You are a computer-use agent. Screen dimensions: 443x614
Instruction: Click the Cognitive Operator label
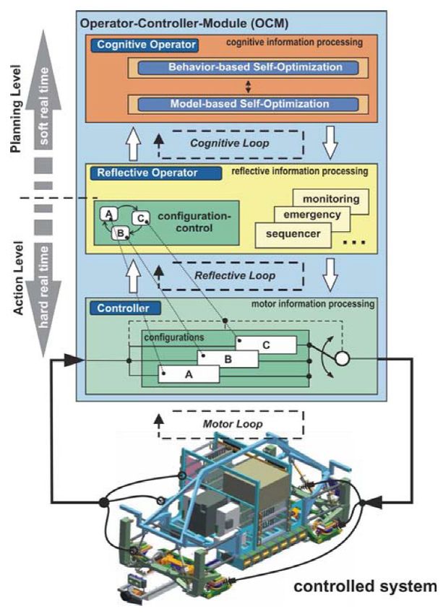click(145, 45)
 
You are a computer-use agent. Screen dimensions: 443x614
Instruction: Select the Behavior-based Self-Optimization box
click(248, 67)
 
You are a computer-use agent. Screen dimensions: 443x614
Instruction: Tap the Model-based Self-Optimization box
click(248, 104)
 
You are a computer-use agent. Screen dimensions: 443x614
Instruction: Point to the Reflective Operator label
click(156, 173)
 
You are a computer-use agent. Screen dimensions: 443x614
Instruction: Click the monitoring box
click(331, 199)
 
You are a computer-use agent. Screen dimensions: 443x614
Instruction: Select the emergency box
click(312, 215)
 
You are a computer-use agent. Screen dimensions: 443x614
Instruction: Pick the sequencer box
click(293, 235)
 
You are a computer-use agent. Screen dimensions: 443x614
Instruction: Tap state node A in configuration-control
click(109, 215)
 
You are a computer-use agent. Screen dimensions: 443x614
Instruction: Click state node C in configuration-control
click(141, 218)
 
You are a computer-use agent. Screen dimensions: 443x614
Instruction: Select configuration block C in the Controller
click(266, 345)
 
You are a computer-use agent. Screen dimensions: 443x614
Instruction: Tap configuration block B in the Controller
click(228, 359)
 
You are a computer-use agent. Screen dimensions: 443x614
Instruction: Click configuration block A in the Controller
click(189, 374)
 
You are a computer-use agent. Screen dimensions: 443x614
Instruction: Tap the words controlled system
click(365, 587)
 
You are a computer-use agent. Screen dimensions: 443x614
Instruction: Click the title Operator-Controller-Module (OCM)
click(184, 24)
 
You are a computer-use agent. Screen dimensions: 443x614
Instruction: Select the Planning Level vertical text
click(17, 109)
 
